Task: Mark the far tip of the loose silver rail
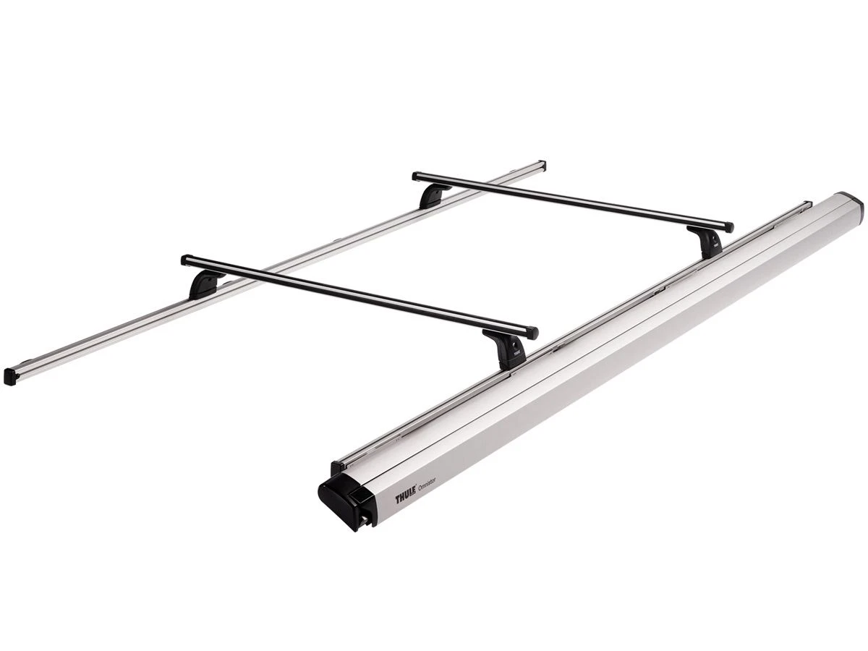[542, 164]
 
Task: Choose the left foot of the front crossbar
[205, 284]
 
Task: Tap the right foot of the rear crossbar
[706, 242]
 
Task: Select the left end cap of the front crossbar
[186, 259]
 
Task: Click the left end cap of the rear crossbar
[417, 175]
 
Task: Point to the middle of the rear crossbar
[572, 201]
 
